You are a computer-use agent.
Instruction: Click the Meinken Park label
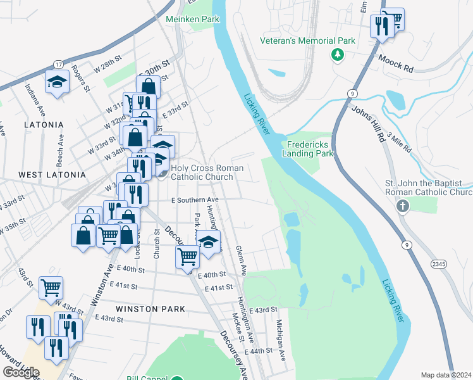[192, 19]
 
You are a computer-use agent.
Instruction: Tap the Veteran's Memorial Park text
[308, 41]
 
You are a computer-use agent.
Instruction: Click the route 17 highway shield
[58, 64]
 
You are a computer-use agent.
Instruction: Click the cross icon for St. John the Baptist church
[402, 206]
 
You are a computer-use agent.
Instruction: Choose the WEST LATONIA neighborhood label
[51, 174]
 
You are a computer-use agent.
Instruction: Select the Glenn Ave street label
[241, 260]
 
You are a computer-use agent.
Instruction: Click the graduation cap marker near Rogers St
[58, 82]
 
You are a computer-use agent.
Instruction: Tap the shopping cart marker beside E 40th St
[188, 256]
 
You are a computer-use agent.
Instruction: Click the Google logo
[21, 372]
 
